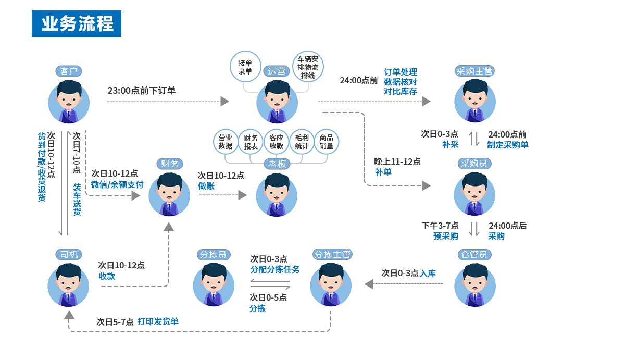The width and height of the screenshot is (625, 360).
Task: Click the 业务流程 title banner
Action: tap(77, 24)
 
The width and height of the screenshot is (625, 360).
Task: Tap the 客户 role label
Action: tap(69, 71)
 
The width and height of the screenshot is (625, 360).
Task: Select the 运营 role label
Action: tap(277, 71)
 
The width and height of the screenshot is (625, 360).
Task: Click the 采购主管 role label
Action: tap(474, 71)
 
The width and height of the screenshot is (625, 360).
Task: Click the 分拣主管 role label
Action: tap(332, 255)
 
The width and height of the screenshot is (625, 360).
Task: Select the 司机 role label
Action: tap(69, 255)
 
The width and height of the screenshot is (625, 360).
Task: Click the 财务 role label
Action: tap(170, 164)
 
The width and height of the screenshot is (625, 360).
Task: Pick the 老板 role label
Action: tap(277, 164)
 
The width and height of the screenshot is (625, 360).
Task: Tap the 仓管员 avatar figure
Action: tap(474, 285)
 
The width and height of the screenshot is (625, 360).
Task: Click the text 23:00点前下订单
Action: tap(142, 91)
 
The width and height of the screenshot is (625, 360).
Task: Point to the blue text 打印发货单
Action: tap(158, 322)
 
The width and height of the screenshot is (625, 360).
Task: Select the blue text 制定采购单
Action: tap(508, 145)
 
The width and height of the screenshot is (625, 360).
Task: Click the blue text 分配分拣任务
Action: tap(275, 270)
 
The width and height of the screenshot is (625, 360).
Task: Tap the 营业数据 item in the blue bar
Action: tap(225, 142)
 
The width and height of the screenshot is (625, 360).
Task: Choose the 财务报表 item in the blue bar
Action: tap(251, 142)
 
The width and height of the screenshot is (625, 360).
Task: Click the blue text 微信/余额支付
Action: tap(117, 185)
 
